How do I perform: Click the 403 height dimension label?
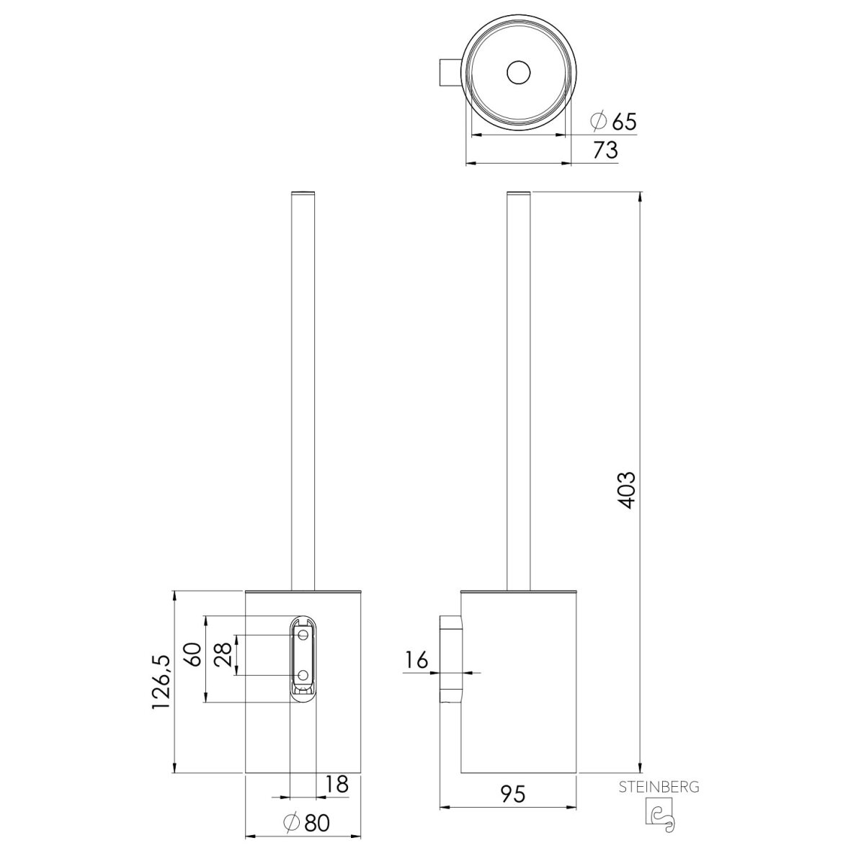(x=628, y=490)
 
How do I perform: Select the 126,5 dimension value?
(x=161, y=682)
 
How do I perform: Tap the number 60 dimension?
(x=192, y=654)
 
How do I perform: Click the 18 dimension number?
(x=337, y=785)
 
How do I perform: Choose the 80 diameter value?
(x=317, y=823)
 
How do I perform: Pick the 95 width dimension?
(x=512, y=793)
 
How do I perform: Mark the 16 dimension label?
(x=416, y=661)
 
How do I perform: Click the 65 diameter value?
(x=625, y=121)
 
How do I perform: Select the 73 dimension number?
(x=605, y=150)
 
